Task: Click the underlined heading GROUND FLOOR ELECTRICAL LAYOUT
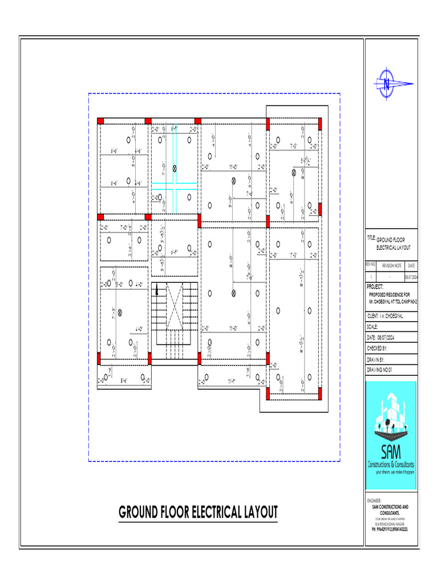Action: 198,512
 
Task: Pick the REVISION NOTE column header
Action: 392,266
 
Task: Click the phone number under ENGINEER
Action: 390,529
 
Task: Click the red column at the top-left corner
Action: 100,121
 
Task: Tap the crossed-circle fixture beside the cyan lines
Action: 175,168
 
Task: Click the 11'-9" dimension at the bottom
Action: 232,381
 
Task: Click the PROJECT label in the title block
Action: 376,287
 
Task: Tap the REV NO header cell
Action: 371,266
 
